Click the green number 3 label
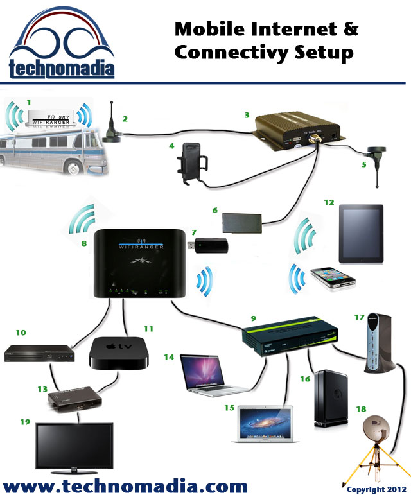247,116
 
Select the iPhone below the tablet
333,279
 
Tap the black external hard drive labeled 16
328,399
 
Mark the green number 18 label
360,409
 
